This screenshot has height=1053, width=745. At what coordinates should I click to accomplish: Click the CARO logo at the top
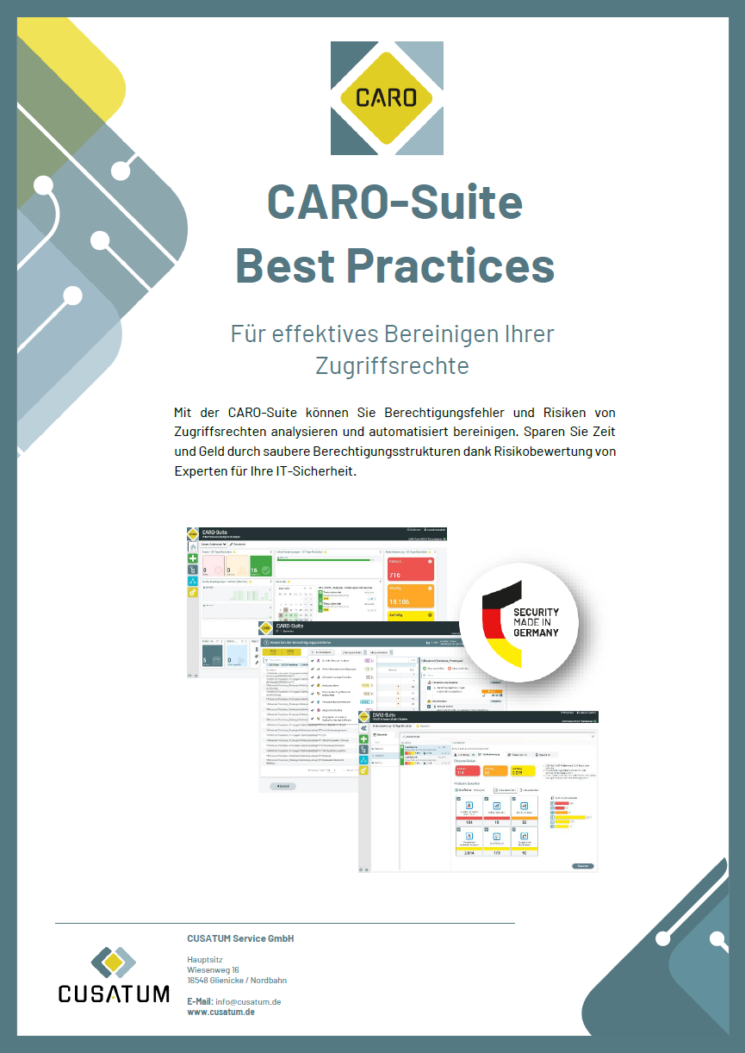point(388,97)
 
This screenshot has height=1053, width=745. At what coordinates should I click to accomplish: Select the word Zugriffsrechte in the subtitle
point(392,364)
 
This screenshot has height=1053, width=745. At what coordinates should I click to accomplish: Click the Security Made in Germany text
point(536,621)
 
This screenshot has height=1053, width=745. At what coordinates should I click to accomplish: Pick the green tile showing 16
point(259,569)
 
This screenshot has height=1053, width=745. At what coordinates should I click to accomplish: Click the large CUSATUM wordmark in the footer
point(114,994)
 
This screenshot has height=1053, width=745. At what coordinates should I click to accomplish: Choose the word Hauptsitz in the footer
point(204,959)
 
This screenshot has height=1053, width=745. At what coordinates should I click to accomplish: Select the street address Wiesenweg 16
point(213,969)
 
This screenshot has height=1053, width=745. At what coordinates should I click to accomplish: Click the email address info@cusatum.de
point(247,1001)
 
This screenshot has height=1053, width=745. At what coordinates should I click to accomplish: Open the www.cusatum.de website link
point(220,1012)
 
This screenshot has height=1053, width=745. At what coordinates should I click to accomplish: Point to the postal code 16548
point(199,980)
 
